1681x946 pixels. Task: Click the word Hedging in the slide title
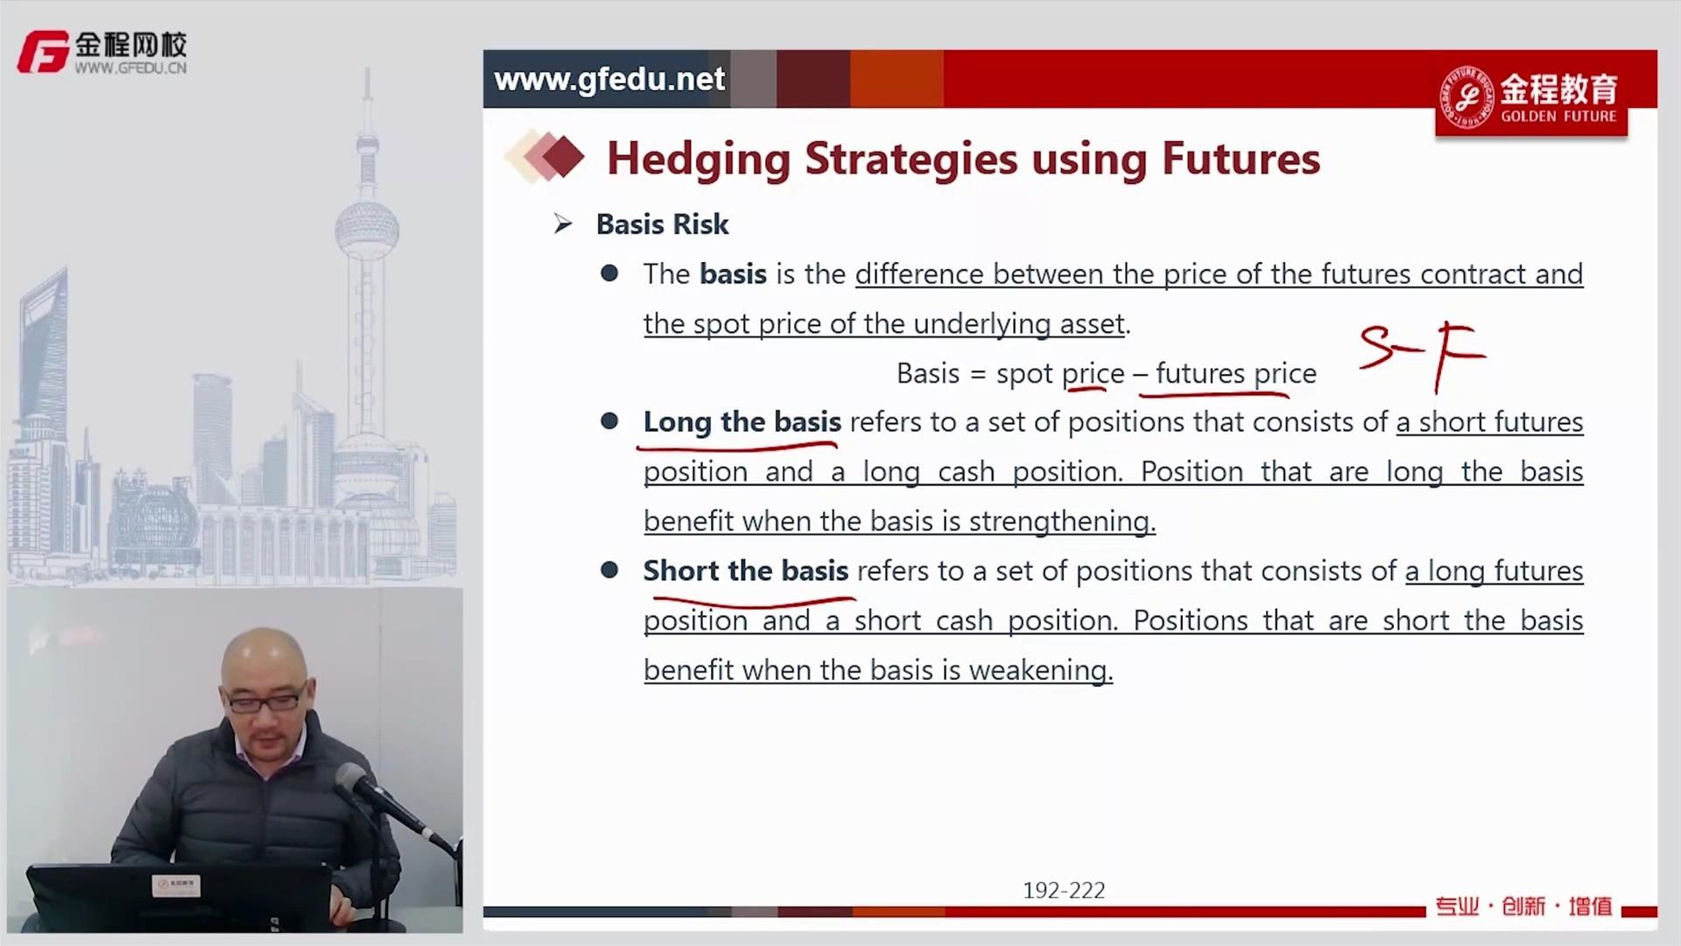click(x=699, y=160)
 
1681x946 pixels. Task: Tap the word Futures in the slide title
click(x=1241, y=159)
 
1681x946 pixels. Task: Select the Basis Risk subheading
click(x=662, y=224)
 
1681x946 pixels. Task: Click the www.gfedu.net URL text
click(x=609, y=80)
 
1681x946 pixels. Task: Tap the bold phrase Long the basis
click(x=742, y=422)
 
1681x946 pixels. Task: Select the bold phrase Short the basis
click(x=746, y=571)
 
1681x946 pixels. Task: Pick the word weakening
click(x=1041, y=671)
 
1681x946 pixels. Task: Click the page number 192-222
click(x=1064, y=891)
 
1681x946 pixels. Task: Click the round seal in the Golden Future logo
click(x=1467, y=97)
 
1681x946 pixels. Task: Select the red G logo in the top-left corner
click(x=43, y=52)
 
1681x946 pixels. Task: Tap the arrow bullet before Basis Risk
click(x=563, y=225)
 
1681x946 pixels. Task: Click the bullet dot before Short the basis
click(x=609, y=571)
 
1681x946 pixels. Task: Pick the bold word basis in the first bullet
click(x=734, y=274)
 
